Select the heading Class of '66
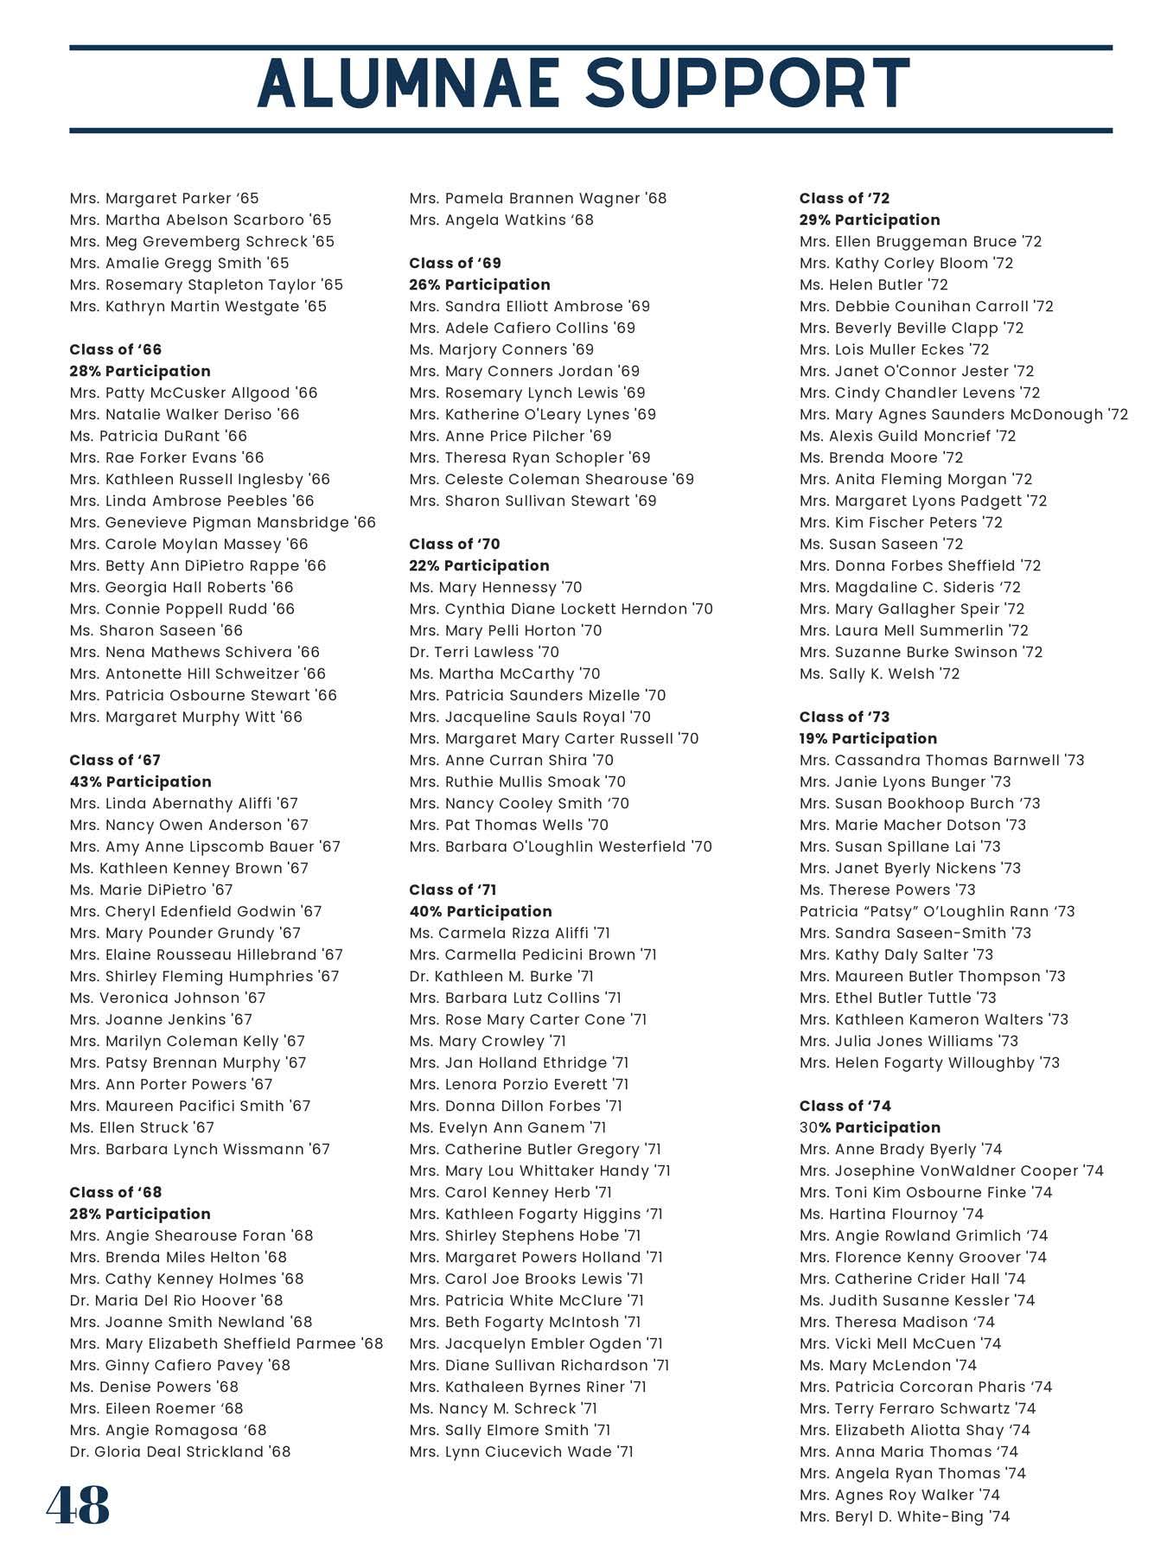pyautogui.click(x=116, y=349)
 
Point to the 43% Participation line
pyautogui.click(x=140, y=781)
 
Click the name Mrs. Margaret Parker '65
pyautogui.click(x=164, y=198)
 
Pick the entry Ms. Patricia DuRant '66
pyautogui.click(x=158, y=436)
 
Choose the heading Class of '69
pyautogui.click(x=455, y=263)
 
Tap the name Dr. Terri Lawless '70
pyautogui.click(x=484, y=652)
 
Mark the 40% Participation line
pyautogui.click(x=480, y=911)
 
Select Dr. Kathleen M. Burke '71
pyautogui.click(x=501, y=976)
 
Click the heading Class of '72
pyautogui.click(x=845, y=198)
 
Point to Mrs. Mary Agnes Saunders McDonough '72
pyautogui.click(x=964, y=414)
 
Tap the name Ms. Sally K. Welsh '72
pyautogui.click(x=879, y=673)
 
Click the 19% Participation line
pyautogui.click(x=868, y=738)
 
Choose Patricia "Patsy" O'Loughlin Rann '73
pyautogui.click(x=937, y=911)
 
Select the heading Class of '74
pyautogui.click(x=845, y=1106)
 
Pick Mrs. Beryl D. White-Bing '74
pyautogui.click(x=904, y=1516)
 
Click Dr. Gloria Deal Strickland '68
pyautogui.click(x=180, y=1451)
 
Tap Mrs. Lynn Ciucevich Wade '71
pyautogui.click(x=520, y=1451)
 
